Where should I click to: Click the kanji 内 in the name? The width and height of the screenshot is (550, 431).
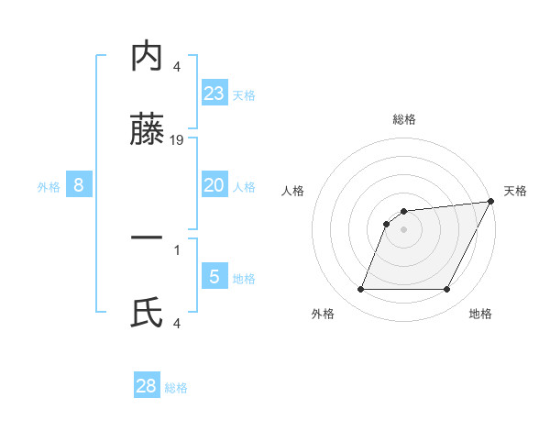[147, 57]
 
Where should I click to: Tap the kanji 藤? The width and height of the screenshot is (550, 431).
[147, 133]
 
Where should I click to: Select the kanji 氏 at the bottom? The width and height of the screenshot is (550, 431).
[147, 315]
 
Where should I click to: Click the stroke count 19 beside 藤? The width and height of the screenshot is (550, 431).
[177, 140]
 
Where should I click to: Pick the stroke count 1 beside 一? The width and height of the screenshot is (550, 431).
[177, 249]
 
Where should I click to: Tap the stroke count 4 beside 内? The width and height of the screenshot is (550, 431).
[177, 66]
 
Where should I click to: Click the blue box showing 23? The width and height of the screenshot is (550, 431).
[214, 93]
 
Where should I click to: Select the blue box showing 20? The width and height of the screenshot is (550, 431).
[214, 185]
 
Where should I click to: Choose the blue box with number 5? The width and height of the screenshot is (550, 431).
[214, 276]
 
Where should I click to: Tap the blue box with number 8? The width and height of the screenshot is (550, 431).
[79, 185]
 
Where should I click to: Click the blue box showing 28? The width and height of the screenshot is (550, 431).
[147, 386]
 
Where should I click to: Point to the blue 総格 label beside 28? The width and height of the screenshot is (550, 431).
[176, 388]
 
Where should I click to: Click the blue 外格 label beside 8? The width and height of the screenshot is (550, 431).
[49, 187]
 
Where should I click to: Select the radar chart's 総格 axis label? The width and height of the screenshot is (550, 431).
[404, 120]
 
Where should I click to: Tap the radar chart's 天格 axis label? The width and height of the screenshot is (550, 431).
[515, 191]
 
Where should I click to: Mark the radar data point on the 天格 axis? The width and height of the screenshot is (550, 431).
[492, 202]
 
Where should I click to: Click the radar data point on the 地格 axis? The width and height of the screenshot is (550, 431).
[447, 290]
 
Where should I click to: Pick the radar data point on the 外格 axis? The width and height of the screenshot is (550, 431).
[360, 290]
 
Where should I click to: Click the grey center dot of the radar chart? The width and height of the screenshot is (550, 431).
[404, 230]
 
